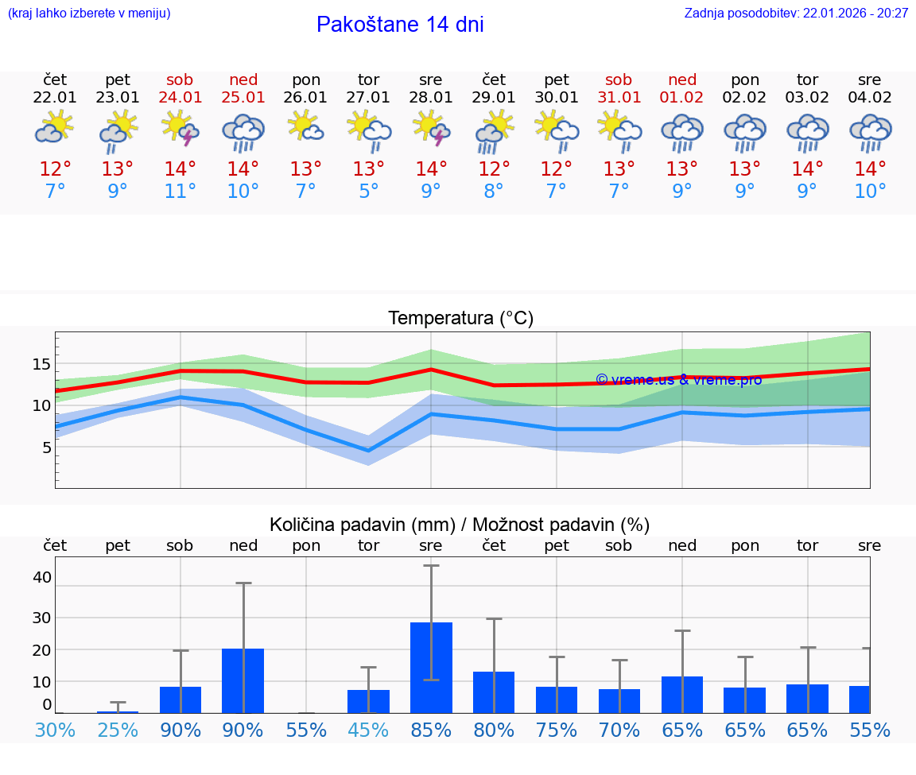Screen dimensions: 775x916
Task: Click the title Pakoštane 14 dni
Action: tap(400, 25)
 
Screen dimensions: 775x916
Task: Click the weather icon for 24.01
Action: tap(180, 128)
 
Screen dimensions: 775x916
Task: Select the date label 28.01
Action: tap(431, 98)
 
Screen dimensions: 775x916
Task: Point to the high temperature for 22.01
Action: tap(56, 169)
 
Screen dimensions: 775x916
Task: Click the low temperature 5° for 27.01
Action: tap(368, 191)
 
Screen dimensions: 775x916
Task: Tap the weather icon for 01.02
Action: tap(681, 131)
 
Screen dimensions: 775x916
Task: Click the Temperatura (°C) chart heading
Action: tap(460, 319)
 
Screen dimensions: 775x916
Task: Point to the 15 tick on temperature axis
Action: tap(41, 364)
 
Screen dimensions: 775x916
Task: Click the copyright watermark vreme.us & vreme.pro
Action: tap(678, 380)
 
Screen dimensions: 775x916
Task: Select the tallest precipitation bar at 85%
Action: tap(431, 667)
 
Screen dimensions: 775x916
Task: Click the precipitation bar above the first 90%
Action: tap(180, 699)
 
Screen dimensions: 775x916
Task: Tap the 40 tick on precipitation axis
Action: tap(41, 577)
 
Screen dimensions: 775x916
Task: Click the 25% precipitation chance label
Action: tap(118, 730)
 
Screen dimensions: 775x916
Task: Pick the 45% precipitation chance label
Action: tap(368, 730)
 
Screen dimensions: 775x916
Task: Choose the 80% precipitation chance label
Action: tap(494, 730)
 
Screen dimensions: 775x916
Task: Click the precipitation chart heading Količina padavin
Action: tap(460, 525)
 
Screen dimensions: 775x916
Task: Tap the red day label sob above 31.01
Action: tap(619, 79)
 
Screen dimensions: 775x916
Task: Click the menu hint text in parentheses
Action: tap(89, 13)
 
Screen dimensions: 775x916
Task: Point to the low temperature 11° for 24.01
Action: tap(180, 191)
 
